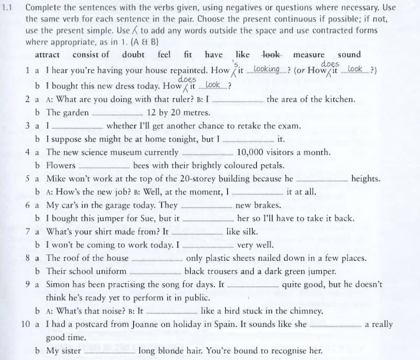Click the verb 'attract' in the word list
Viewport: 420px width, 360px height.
[x=47, y=55]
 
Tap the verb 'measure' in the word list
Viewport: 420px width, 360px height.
[x=309, y=55]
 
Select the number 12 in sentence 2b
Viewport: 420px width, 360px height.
[x=153, y=112]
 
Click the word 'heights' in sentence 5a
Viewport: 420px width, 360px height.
[x=366, y=179]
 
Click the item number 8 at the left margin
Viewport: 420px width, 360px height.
[x=27, y=258]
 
